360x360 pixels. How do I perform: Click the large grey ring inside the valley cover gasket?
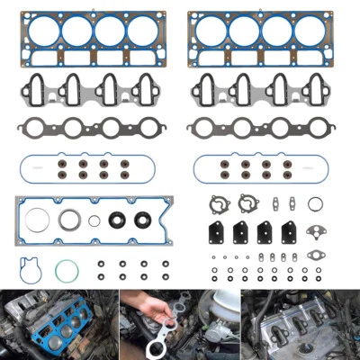point(69,220)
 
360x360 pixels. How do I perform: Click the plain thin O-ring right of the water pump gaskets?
point(315,203)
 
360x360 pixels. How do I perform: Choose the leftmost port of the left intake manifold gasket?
point(36,90)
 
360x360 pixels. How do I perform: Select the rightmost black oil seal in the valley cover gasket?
point(142,219)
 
